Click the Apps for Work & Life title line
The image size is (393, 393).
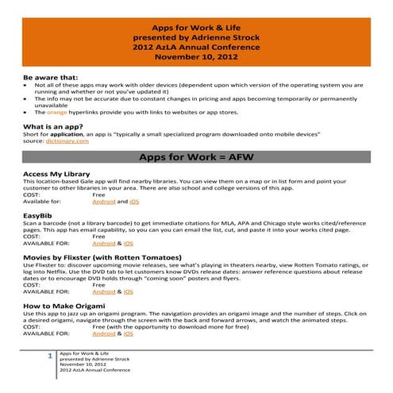click(x=196, y=26)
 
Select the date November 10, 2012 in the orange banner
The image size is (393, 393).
click(x=196, y=57)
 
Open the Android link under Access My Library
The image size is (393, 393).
click(x=103, y=202)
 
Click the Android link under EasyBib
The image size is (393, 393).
click(x=103, y=243)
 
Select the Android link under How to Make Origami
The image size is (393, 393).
click(x=103, y=333)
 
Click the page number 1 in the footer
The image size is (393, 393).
click(x=50, y=356)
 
